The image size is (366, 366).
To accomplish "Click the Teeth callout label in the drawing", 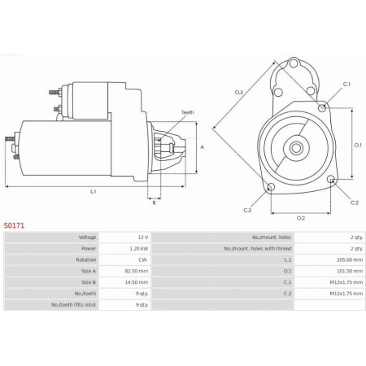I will click(x=187, y=112).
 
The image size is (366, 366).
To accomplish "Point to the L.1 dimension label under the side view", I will click(x=94, y=191).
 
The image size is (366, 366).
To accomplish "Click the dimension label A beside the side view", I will click(x=202, y=146).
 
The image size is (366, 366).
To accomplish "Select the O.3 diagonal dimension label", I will click(x=238, y=92).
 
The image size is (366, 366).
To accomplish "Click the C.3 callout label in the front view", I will click(x=247, y=210).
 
